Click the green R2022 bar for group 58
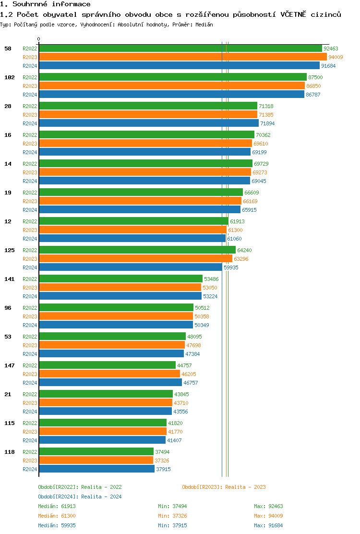pyautogui.click(x=180, y=49)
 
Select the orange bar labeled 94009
pyautogui.click(x=182, y=57)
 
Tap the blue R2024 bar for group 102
pyautogui.click(x=171, y=95)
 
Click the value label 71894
pyautogui.click(x=267, y=123)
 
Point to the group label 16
pyautogui.click(x=8, y=135)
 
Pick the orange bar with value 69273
pyautogui.click(x=145, y=172)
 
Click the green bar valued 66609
pyautogui.click(x=141, y=193)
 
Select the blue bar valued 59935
pyautogui.click(x=130, y=267)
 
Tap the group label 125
pyautogui.click(x=9, y=250)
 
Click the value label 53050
pyautogui.click(x=210, y=288)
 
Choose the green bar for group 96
pyautogui.click(x=116, y=308)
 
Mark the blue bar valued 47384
pyautogui.click(x=111, y=354)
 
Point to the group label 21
pyautogui.click(x=8, y=394)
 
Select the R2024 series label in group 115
pyautogui.click(x=30, y=440)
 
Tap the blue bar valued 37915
pyautogui.click(x=96, y=469)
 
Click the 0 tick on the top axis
pyautogui.click(x=39, y=39)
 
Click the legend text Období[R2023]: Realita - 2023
pyautogui.click(x=224, y=487)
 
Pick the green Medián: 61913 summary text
pyautogui.click(x=57, y=506)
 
